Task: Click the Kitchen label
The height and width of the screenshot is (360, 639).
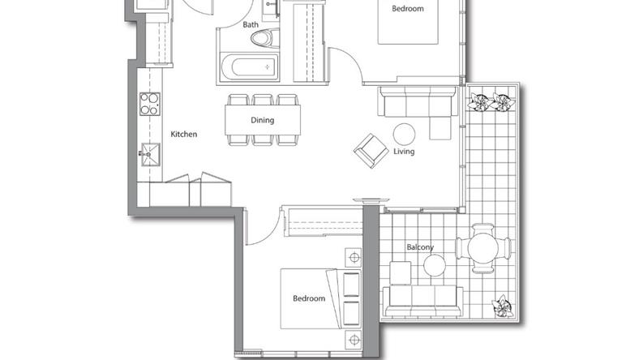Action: coord(184,134)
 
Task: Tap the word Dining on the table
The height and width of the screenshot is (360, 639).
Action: coord(263,120)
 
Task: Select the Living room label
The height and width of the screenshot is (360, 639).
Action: coord(404,152)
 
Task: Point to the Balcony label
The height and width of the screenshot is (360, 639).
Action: coord(420,247)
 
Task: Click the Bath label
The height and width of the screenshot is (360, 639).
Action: coord(251,24)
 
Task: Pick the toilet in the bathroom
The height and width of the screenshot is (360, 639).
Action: coord(265,39)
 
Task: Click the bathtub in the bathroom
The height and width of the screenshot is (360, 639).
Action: coord(250,66)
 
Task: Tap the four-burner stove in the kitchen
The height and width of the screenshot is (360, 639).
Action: coord(150,104)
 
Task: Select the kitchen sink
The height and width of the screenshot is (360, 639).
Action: coord(150,155)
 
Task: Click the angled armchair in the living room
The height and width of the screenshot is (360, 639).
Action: coord(371,151)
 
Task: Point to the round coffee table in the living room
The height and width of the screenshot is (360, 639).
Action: coord(405,134)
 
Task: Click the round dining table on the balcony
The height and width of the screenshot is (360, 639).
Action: coord(483,248)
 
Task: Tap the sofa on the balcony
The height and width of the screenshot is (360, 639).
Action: coord(423,302)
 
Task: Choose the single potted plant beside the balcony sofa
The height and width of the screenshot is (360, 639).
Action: coord(502,306)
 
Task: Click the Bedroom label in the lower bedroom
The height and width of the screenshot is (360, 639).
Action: coord(309,298)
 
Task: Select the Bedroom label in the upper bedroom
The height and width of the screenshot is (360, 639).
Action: coord(408,9)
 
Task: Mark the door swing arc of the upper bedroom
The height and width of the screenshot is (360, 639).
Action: coord(354,56)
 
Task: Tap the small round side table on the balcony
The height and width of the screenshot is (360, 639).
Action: coord(435,265)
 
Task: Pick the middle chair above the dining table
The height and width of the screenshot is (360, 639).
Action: coord(263,100)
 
